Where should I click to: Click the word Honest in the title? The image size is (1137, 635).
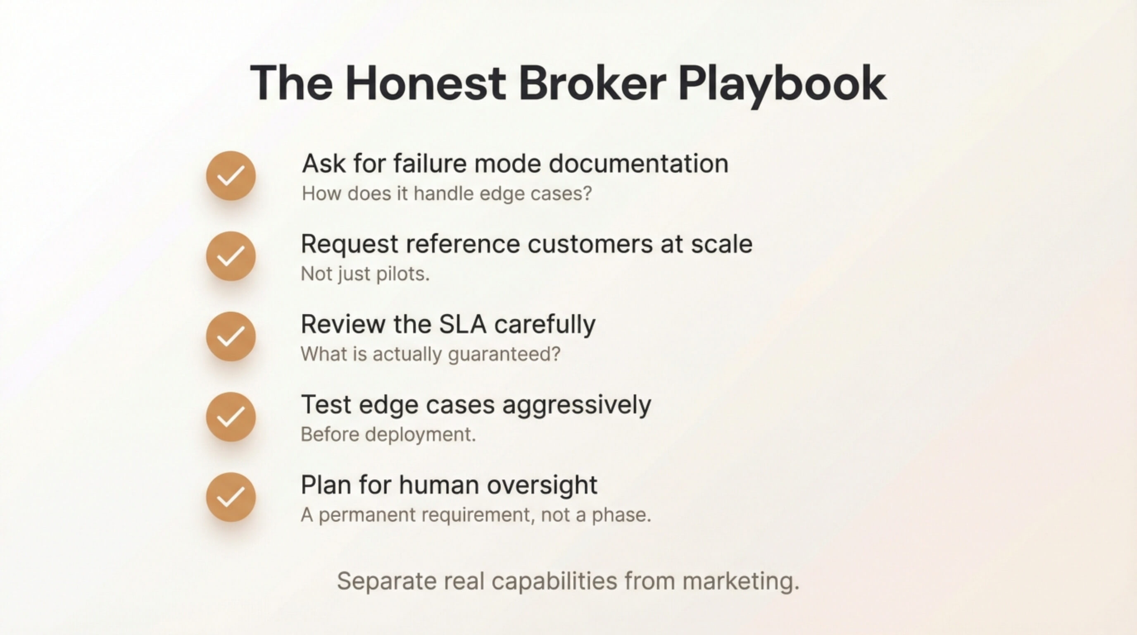click(x=426, y=83)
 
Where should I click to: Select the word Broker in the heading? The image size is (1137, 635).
click(x=592, y=83)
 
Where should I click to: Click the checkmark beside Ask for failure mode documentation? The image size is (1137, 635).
click(x=231, y=176)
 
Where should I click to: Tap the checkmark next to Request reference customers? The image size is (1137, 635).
click(x=231, y=256)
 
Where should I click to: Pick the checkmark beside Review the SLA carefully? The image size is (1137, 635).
click(x=231, y=337)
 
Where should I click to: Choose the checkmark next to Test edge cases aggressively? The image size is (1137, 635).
click(x=231, y=417)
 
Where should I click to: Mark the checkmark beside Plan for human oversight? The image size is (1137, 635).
click(x=231, y=497)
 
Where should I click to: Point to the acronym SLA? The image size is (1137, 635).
click(x=463, y=324)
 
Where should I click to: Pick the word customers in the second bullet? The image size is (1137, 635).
click(x=590, y=245)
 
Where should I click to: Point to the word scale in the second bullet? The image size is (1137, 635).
click(x=722, y=244)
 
